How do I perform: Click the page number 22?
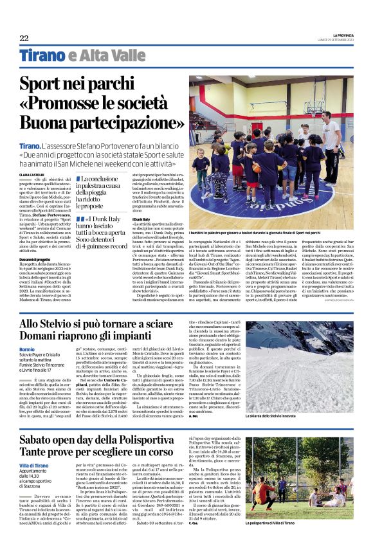[x=24, y=39]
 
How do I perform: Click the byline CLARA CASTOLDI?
[x=32, y=174]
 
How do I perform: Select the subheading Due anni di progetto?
[x=34, y=259]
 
